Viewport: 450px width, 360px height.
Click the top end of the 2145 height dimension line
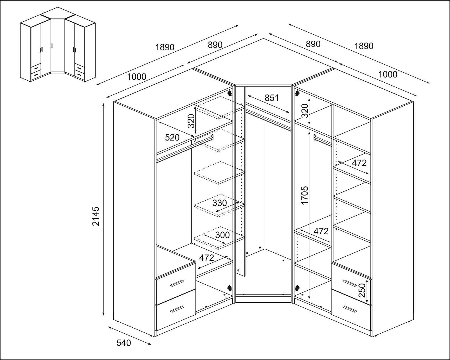[x=103, y=103]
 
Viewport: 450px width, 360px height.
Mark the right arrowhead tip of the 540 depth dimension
[x=151, y=344]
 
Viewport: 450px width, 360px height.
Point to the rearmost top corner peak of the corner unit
[x=264, y=39]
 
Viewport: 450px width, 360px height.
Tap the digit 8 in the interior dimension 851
[x=267, y=98]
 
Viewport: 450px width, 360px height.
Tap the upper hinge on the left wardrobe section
[x=230, y=93]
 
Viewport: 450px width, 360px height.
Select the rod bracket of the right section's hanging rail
[x=315, y=137]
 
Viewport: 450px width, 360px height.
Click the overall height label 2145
[x=96, y=216]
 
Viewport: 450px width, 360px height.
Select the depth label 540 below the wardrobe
[x=124, y=349]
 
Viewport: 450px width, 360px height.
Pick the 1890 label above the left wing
[x=165, y=47]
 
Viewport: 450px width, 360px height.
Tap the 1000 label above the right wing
[x=388, y=74]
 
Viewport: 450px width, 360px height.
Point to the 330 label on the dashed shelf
[x=220, y=203]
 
